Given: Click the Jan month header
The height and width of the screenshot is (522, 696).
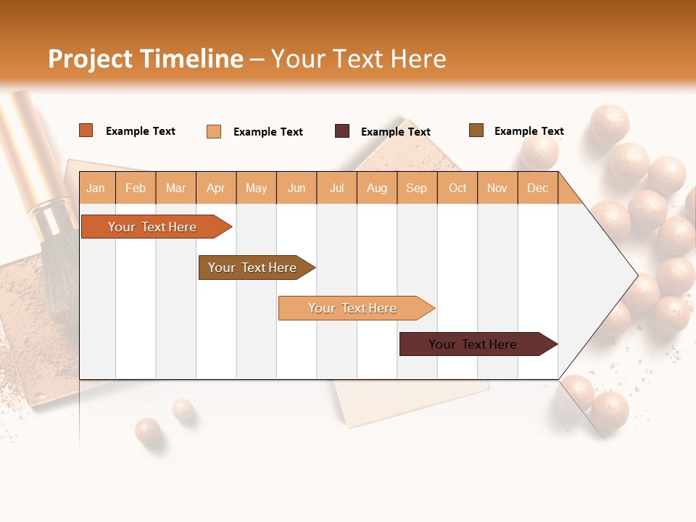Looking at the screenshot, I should pyautogui.click(x=96, y=188).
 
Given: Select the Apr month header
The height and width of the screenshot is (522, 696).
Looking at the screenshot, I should pyautogui.click(x=216, y=188).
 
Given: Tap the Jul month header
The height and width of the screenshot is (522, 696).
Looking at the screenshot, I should pyautogui.click(x=336, y=188).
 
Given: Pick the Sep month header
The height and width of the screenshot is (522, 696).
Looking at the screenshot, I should pyautogui.click(x=416, y=188).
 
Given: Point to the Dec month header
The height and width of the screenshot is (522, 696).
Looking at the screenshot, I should pyautogui.click(x=537, y=188).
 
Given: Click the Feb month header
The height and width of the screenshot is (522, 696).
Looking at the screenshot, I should pyautogui.click(x=136, y=188).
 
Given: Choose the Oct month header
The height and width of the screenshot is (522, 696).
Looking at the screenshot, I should pyautogui.click(x=457, y=188).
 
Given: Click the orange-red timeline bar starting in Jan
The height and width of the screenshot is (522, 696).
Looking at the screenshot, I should pyautogui.click(x=152, y=227).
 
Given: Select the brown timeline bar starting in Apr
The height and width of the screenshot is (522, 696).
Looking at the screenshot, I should pyautogui.click(x=252, y=268).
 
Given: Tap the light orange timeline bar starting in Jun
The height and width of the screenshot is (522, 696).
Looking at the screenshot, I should pyautogui.click(x=352, y=308).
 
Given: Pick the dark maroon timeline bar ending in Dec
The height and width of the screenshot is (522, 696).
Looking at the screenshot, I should pyautogui.click(x=473, y=344).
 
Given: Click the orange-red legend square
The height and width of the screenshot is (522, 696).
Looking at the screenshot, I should pyautogui.click(x=86, y=130).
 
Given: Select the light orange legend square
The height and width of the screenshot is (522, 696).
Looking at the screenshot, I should pyautogui.click(x=214, y=131).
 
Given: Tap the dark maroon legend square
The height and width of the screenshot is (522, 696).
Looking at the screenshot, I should pyautogui.click(x=342, y=131).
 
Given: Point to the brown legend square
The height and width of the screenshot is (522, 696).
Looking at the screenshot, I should pyautogui.click(x=476, y=130).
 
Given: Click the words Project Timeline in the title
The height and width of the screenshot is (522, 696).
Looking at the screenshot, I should pyautogui.click(x=146, y=59).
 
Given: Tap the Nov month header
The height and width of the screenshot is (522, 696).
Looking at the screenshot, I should pyautogui.click(x=497, y=188).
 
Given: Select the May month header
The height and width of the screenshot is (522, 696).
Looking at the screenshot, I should pyautogui.click(x=256, y=188).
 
